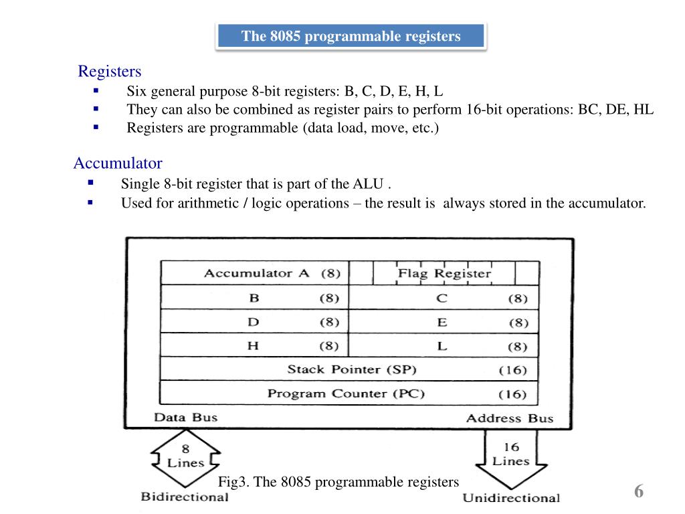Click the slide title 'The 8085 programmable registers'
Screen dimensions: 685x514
[x=351, y=36]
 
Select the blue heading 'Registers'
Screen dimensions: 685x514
[x=110, y=71]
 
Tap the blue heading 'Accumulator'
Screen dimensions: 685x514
[x=118, y=163]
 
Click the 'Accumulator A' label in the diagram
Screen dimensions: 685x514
[x=257, y=273]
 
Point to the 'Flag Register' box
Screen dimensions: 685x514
[x=444, y=273]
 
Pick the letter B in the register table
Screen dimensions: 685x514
[x=254, y=298]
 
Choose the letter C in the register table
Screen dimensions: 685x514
[x=442, y=298]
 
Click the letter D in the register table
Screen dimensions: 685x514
[x=254, y=322]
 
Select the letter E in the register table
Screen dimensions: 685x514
[x=442, y=323]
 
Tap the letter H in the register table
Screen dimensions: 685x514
[x=254, y=346]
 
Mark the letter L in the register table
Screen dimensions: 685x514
[x=442, y=347]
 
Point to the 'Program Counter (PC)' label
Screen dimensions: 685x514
[x=347, y=394]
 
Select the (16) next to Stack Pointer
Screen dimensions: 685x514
[x=513, y=370]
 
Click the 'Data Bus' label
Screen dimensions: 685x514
[x=186, y=418]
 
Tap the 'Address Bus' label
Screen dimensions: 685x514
[x=510, y=418]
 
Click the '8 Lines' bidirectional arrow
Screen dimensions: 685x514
[x=185, y=456]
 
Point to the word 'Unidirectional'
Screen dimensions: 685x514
[x=511, y=497]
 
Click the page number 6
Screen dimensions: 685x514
[x=639, y=492]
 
